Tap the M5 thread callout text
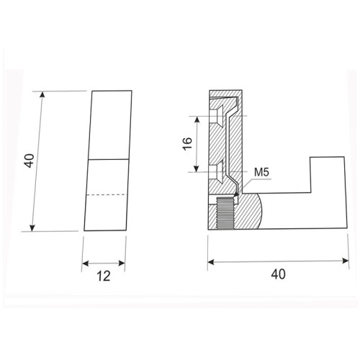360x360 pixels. [261, 174]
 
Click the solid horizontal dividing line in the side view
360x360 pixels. [109, 158]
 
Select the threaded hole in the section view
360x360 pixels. [225, 215]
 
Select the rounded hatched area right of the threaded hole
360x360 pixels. [248, 214]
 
